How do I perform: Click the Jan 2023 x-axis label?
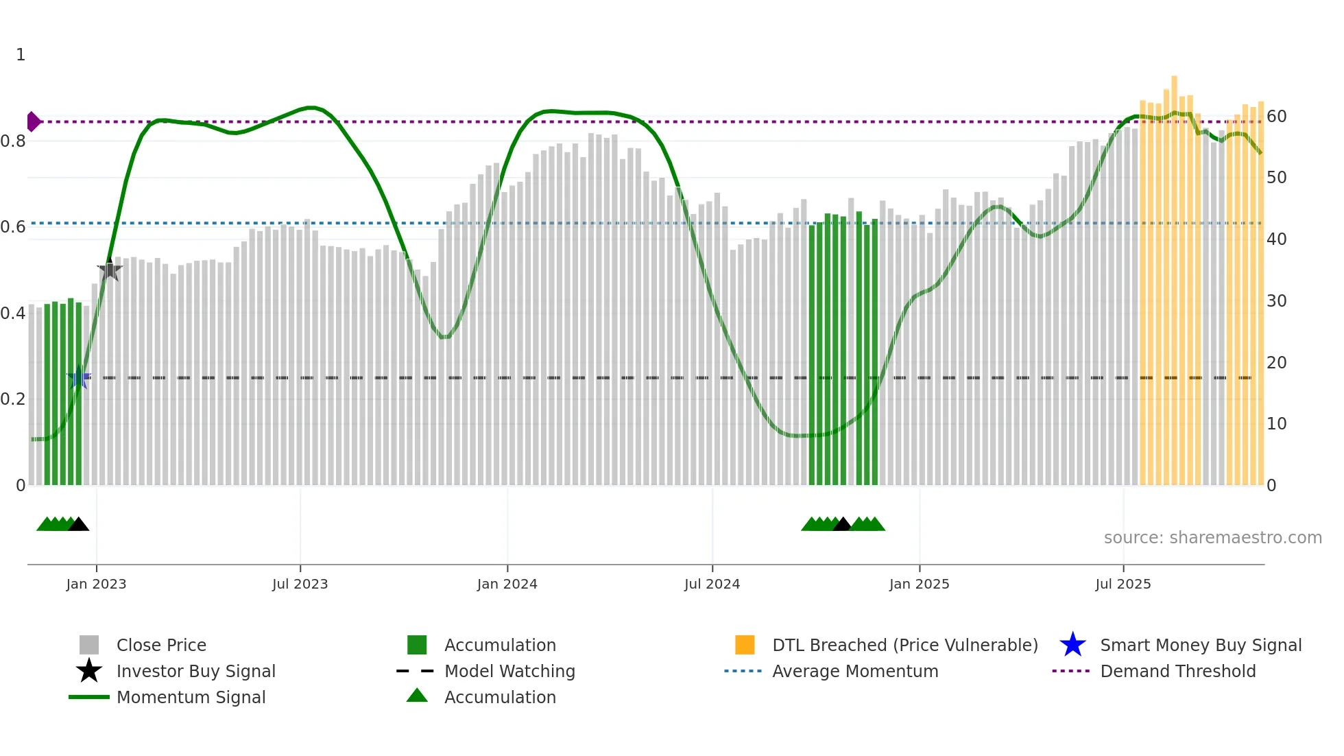click(96, 584)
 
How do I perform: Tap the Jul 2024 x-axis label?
click(712, 584)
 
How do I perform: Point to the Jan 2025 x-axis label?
click(919, 584)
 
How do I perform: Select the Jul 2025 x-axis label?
click(1123, 584)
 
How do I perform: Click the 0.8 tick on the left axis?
click(13, 141)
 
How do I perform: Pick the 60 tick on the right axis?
click(1276, 117)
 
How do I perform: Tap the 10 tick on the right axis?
click(1276, 424)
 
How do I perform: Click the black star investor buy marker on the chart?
click(110, 270)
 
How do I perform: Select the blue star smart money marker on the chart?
click(79, 377)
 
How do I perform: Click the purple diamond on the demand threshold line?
click(33, 121)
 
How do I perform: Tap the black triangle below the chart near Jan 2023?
click(79, 524)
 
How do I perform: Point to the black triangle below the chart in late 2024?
click(842, 524)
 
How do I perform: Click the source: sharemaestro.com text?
click(1212, 538)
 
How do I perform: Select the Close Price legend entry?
click(161, 645)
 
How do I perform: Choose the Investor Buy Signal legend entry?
click(195, 671)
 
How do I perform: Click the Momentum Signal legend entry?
click(191, 697)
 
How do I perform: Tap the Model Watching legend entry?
click(509, 671)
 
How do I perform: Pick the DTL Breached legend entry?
click(904, 645)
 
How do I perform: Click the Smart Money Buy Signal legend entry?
click(1201, 645)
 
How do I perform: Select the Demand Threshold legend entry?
click(1177, 671)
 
